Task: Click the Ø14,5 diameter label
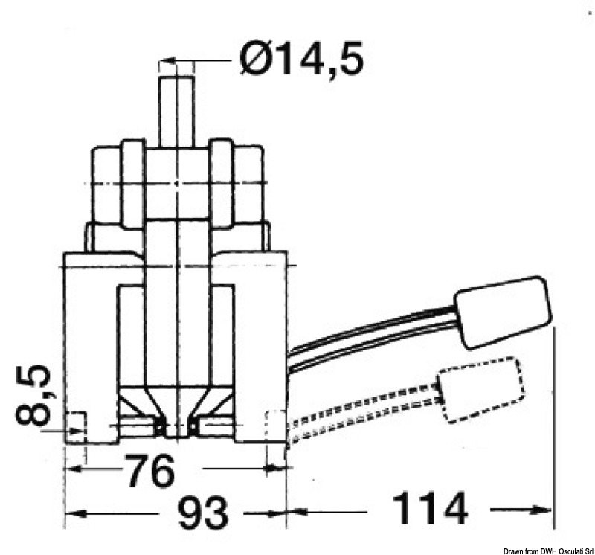[x=302, y=59]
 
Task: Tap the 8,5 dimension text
[x=33, y=394]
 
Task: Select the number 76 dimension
[x=151, y=471]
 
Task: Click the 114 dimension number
[x=430, y=508]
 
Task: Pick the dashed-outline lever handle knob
[x=482, y=390]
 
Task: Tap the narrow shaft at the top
[x=176, y=112]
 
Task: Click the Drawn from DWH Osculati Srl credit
[x=548, y=551]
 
